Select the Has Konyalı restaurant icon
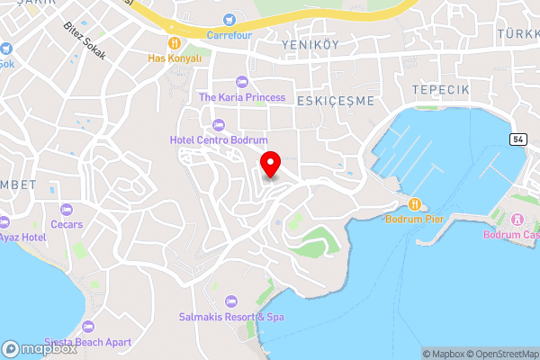coord(174,41)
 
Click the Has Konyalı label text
coord(174,57)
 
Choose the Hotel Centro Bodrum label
coord(219,140)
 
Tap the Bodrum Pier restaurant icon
coord(415,202)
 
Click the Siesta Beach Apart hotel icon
coord(87,326)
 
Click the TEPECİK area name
coord(440,90)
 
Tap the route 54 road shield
coord(517,139)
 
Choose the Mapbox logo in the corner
coord(40,348)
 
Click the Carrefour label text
coord(229,35)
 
